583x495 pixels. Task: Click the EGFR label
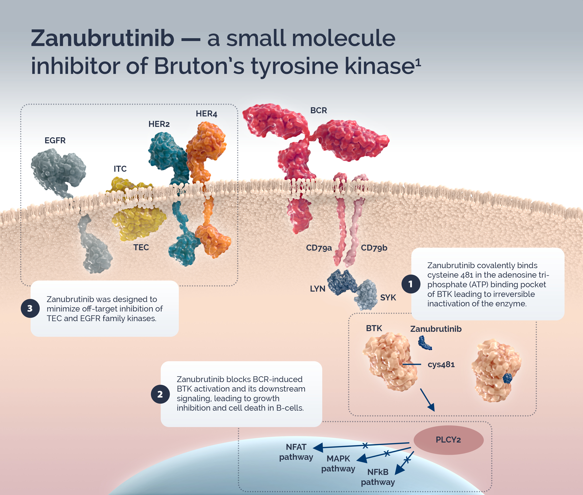(55, 140)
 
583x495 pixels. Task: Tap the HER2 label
(159, 124)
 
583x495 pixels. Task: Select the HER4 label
(206, 114)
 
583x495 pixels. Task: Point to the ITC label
(120, 169)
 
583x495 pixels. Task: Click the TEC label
(141, 247)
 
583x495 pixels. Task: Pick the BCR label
(318, 110)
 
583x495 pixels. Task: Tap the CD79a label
(319, 248)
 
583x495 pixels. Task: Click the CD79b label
(374, 248)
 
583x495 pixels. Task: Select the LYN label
(317, 289)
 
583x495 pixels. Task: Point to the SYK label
(388, 297)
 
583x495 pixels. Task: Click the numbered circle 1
(410, 284)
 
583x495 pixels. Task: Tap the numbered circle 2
(160, 394)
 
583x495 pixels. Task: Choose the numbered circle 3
(30, 308)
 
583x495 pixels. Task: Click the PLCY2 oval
(448, 440)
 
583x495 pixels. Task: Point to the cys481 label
(441, 364)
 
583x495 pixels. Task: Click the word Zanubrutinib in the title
(103, 39)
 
